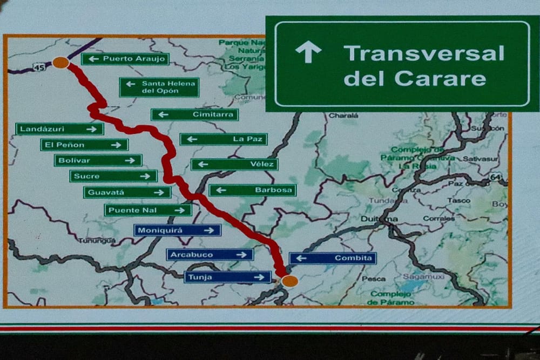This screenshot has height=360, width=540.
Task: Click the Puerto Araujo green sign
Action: tap(125, 59)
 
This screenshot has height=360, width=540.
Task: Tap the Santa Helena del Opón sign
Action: tap(159, 87)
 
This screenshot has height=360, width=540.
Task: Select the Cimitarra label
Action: tap(194, 114)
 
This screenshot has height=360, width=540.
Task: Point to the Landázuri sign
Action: tap(59, 129)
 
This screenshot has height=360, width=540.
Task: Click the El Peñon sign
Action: tap(84, 145)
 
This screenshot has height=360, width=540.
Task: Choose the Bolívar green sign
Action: tap(98, 160)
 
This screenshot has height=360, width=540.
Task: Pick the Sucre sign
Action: tap(113, 176)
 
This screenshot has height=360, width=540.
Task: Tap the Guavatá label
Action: tap(127, 192)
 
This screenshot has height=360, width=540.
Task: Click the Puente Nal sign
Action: tap(148, 210)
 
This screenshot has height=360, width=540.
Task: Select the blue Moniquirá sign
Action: tap(177, 230)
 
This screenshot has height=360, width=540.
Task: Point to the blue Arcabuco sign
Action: tap(210, 254)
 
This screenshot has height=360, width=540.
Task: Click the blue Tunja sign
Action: tap(227, 277)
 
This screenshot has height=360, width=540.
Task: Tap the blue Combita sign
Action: tap(333, 258)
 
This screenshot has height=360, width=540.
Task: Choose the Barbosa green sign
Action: tap(252, 190)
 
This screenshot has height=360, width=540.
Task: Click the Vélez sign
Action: tap(234, 164)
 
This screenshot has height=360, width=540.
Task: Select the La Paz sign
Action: tap(224, 139)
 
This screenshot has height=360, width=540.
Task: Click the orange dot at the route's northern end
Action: tap(60, 63)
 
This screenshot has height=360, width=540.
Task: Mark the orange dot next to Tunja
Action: tap(290, 281)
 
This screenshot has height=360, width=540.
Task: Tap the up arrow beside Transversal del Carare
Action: tap(308, 52)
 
